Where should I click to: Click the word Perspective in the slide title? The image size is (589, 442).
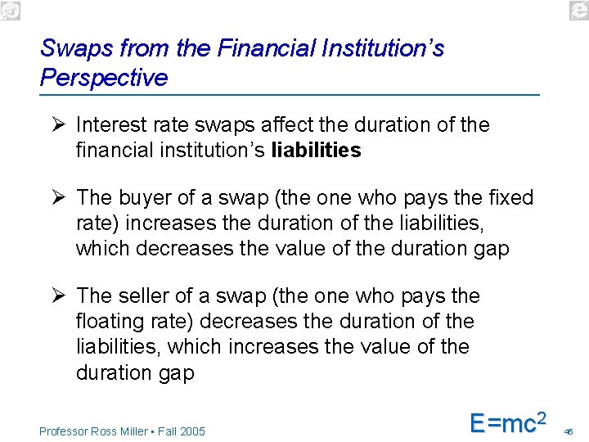[x=103, y=78]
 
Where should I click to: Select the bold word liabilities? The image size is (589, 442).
[x=316, y=151]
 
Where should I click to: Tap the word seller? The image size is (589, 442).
[x=149, y=296]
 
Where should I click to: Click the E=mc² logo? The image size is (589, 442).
[x=507, y=422]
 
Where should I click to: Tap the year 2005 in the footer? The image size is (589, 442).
[x=191, y=431]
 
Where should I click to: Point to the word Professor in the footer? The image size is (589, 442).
[x=64, y=431]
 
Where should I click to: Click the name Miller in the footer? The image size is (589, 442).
[x=129, y=431]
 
